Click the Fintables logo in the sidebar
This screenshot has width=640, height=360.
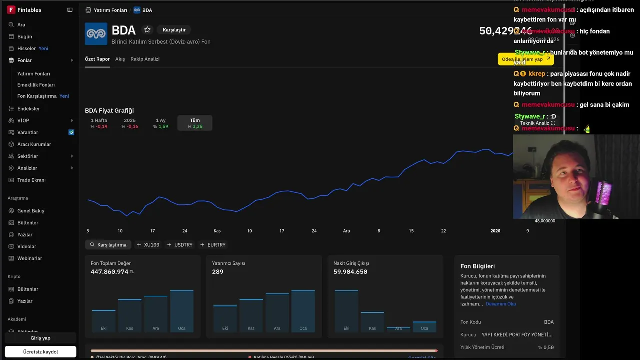point(11,10)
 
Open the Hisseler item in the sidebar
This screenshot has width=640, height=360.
point(27,48)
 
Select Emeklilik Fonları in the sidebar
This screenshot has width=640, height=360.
point(36,85)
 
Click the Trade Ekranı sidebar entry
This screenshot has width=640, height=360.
point(31,180)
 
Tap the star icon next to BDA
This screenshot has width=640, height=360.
point(147,30)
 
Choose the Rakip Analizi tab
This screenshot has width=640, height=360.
point(145,59)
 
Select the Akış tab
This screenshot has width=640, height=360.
point(120,59)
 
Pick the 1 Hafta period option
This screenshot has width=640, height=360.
point(99,123)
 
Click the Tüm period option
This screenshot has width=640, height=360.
point(195,123)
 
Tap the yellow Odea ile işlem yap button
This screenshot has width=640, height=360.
point(525,59)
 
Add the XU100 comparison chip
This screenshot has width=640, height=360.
point(148,245)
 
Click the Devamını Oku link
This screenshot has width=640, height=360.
point(501,304)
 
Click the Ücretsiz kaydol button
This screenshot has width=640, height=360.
point(40,352)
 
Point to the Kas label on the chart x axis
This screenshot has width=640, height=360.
point(217,231)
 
